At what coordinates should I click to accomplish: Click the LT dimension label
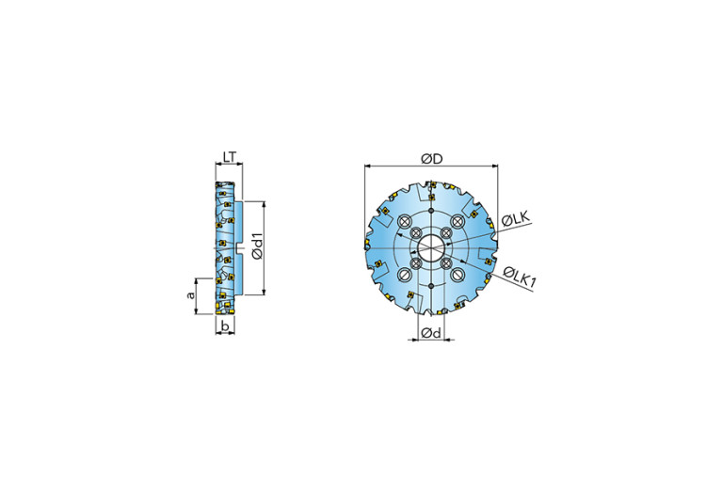tap(230, 157)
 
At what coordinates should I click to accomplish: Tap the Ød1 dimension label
tap(258, 246)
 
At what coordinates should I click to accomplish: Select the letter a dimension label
tap(191, 295)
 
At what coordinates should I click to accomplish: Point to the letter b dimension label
tap(225, 325)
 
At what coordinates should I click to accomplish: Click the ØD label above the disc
tap(431, 159)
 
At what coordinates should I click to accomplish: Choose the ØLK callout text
tap(516, 219)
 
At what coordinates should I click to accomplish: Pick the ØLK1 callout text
tap(520, 278)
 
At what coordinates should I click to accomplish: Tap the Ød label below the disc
tap(431, 332)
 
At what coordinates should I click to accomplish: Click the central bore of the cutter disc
tap(431, 248)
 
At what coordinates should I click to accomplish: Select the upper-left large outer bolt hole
tap(404, 221)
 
